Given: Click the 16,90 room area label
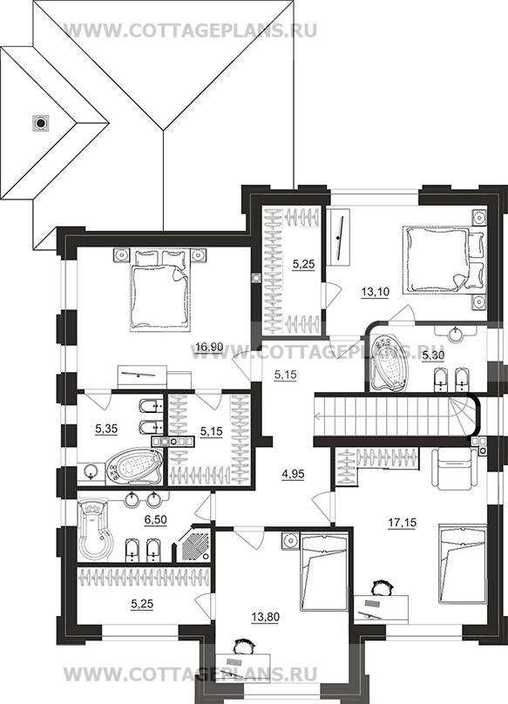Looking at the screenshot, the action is click(x=210, y=347).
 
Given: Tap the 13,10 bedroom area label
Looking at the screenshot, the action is click(x=375, y=292).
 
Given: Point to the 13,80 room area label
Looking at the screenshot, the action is click(x=265, y=617).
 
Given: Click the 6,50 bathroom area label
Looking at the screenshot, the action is click(x=155, y=519).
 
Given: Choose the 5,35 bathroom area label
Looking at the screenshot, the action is click(x=106, y=430).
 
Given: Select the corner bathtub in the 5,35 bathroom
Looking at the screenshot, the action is click(x=135, y=465).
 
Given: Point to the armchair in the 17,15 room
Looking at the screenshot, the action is click(x=455, y=470).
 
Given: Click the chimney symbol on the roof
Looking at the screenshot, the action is click(x=40, y=122).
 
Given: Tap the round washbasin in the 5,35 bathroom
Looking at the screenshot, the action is click(x=92, y=471).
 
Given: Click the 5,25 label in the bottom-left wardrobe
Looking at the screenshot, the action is click(x=142, y=605).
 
